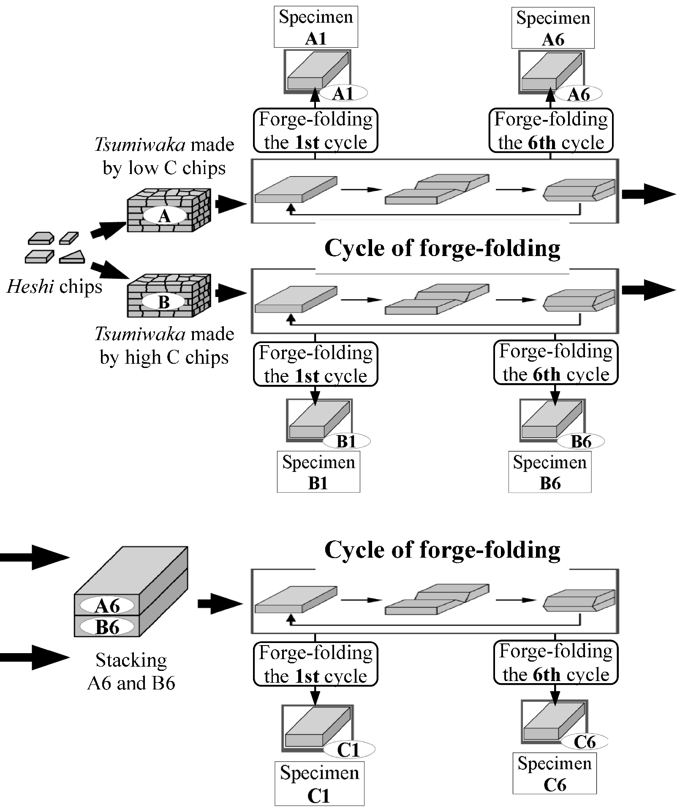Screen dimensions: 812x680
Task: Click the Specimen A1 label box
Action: [x=316, y=27]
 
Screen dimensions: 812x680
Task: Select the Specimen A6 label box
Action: [x=552, y=28]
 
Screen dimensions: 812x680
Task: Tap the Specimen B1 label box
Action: [x=318, y=472]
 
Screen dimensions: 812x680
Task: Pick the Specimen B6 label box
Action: [x=549, y=472]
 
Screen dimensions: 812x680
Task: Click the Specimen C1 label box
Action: [x=319, y=783]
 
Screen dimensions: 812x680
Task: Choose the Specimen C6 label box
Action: [x=554, y=774]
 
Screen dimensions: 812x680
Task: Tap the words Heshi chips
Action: [x=54, y=287]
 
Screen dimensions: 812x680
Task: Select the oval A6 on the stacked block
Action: [x=108, y=606]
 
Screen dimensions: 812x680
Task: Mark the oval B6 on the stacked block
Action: [x=108, y=627]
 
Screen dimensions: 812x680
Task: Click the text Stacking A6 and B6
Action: [x=131, y=671]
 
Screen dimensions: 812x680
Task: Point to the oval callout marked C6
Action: [x=585, y=742]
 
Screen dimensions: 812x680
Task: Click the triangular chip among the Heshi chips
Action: [x=73, y=257]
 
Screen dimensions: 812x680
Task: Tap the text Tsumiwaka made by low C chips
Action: [x=164, y=156]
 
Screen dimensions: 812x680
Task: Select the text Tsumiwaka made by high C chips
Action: [x=164, y=346]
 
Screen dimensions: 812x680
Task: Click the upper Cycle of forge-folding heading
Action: [x=442, y=248]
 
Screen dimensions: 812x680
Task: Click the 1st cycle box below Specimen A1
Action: [x=316, y=131]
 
